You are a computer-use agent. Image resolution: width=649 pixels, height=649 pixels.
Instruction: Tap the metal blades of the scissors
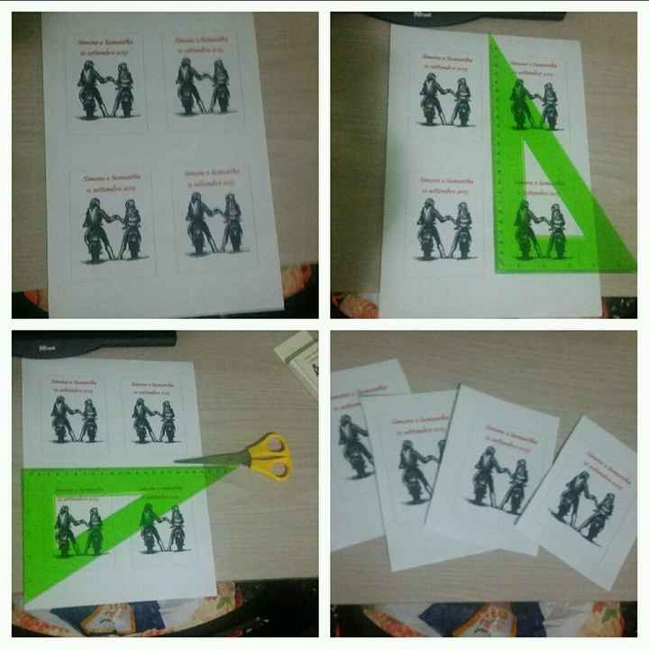click(212, 460)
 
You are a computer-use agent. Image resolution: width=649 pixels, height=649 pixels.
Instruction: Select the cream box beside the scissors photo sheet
click(302, 361)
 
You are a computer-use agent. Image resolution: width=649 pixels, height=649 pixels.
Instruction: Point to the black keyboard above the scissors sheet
click(90, 340)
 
